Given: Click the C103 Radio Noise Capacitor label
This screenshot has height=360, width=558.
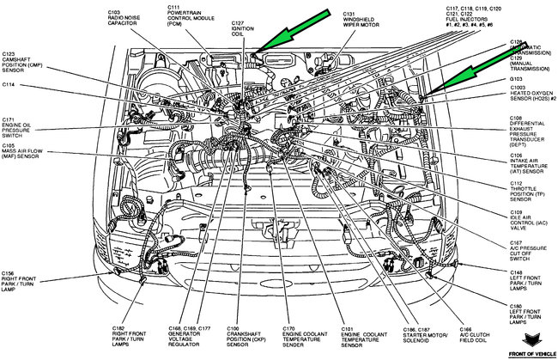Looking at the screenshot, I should pos(129,17).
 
